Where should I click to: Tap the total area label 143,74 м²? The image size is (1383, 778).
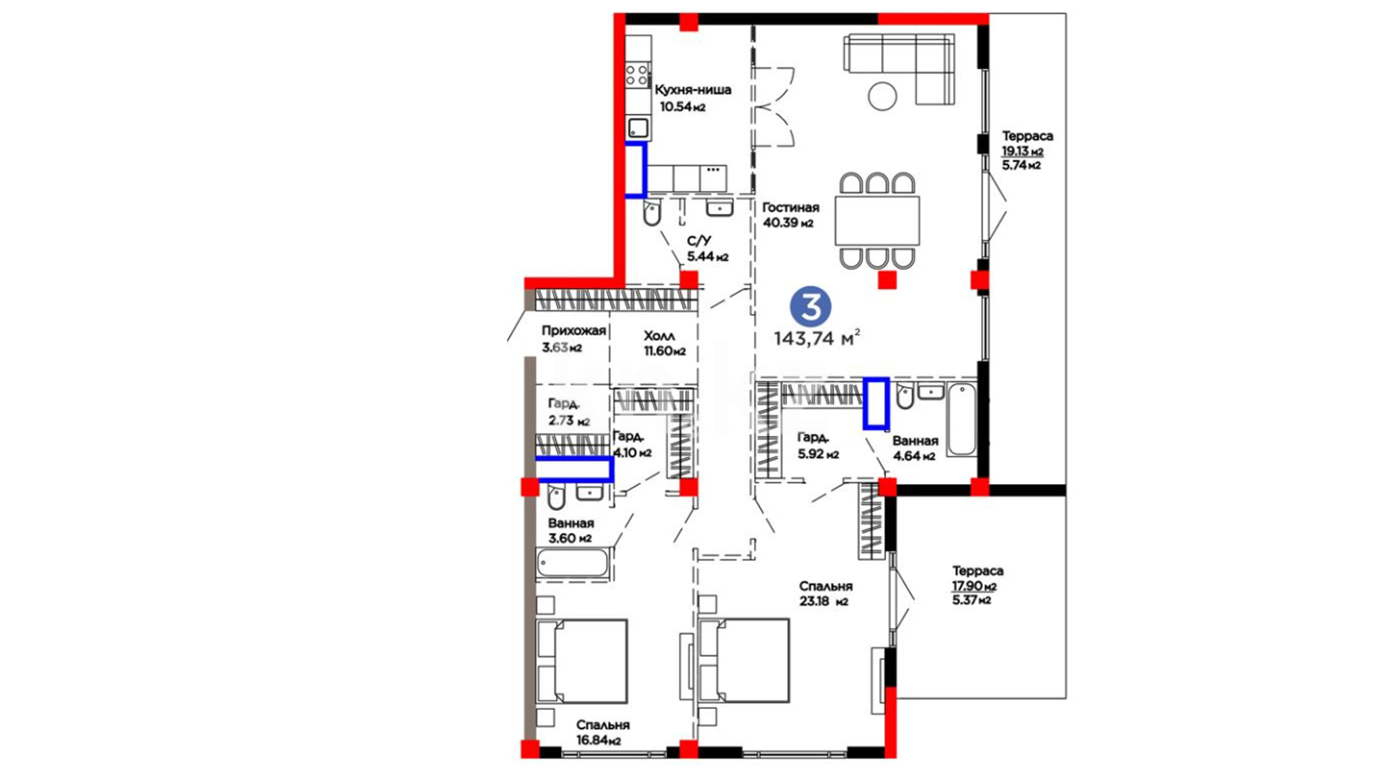click(x=817, y=338)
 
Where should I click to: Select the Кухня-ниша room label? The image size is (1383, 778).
click(x=693, y=90)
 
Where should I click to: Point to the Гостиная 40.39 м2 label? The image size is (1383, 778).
click(x=790, y=215)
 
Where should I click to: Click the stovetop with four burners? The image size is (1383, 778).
click(x=637, y=75)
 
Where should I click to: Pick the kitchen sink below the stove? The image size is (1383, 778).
click(x=638, y=129)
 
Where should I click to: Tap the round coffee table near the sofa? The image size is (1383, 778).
click(x=882, y=96)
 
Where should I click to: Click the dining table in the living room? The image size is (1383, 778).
click(x=877, y=220)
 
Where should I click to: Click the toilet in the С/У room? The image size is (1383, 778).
click(x=652, y=213)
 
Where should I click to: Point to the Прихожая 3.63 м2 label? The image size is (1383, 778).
click(x=573, y=339)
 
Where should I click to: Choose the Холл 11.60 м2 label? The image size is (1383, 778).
click(x=664, y=344)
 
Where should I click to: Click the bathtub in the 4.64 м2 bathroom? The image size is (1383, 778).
click(x=962, y=420)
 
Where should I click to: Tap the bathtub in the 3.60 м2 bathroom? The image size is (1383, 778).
click(x=573, y=563)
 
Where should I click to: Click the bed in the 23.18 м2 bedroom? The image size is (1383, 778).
click(x=744, y=661)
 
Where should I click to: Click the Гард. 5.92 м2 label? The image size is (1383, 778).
click(x=818, y=445)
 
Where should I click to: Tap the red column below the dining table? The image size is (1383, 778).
click(x=887, y=280)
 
